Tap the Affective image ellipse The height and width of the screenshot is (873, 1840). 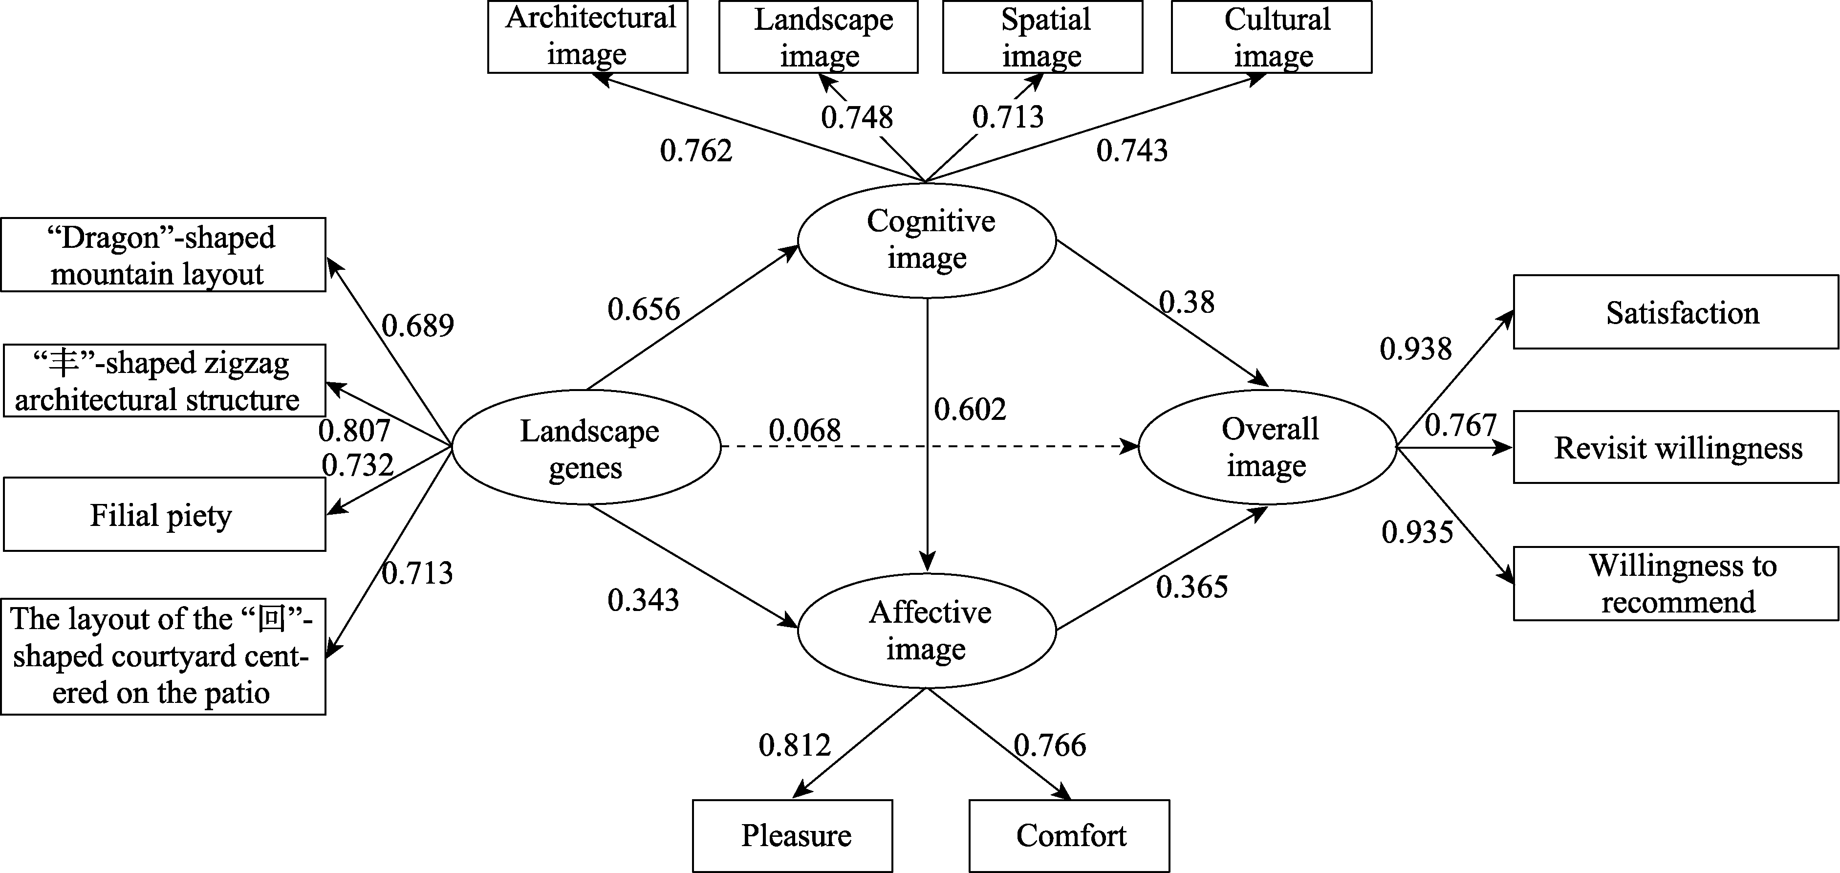pyautogui.click(x=927, y=631)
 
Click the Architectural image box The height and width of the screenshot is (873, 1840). pyautogui.click(x=588, y=37)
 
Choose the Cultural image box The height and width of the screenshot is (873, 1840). pyautogui.click(x=1272, y=37)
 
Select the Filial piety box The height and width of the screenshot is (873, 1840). pyautogui.click(x=164, y=514)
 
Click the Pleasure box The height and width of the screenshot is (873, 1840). pyautogui.click(x=792, y=835)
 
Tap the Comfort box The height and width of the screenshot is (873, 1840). pyautogui.click(x=1069, y=835)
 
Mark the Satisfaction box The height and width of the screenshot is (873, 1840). pyautogui.click(x=1676, y=313)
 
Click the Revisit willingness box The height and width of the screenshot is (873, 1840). pyautogui.click(x=1676, y=448)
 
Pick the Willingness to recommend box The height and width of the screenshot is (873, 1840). pyautogui.click(x=1676, y=584)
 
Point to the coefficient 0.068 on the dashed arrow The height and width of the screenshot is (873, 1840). pyautogui.click(x=805, y=430)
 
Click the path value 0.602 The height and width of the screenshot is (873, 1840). pyautogui.click(x=970, y=409)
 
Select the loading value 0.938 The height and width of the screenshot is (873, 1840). pyautogui.click(x=1416, y=349)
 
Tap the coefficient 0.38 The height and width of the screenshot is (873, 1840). pyautogui.click(x=1187, y=302)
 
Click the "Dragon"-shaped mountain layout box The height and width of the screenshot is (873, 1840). pyautogui.click(x=163, y=255)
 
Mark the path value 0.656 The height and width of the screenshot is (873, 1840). pyautogui.click(x=644, y=309)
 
